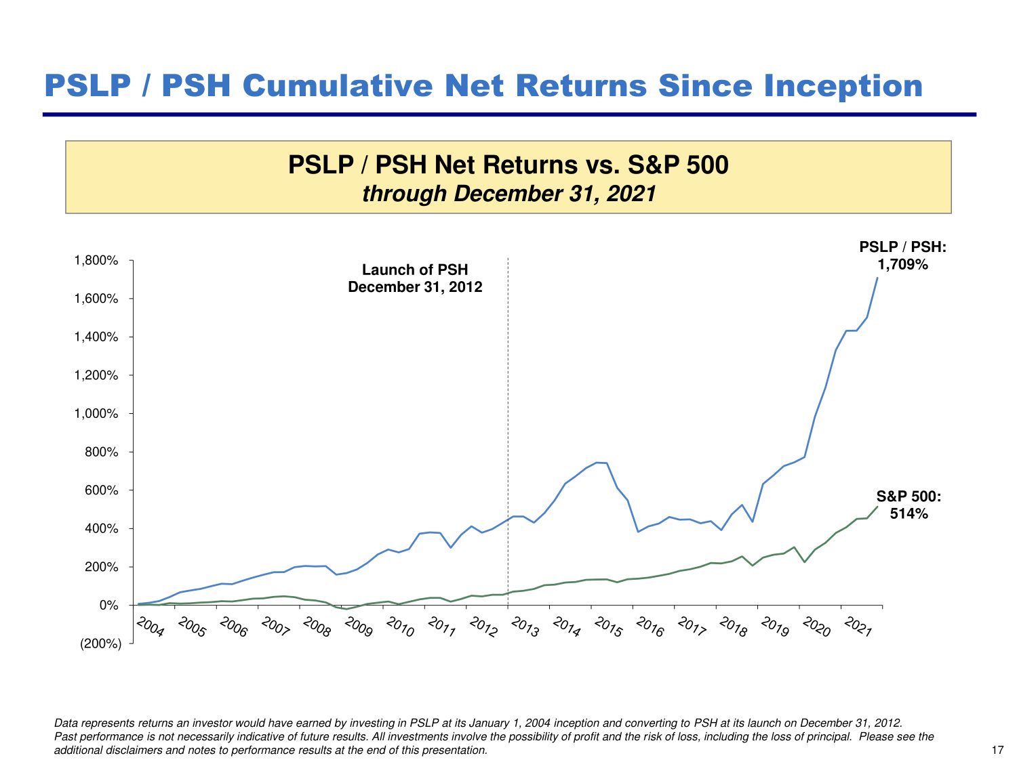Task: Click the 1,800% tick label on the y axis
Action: [96, 261]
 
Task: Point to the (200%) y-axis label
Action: [101, 643]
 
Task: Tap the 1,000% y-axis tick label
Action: [96, 414]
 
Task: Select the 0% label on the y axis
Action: [108, 606]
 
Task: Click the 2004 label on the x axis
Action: [151, 627]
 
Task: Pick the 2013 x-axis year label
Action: [525, 627]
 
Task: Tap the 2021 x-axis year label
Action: [858, 627]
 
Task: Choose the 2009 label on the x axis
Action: [359, 627]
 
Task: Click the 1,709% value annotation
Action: [902, 265]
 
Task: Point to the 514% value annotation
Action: [909, 514]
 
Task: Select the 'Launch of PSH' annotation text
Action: [415, 270]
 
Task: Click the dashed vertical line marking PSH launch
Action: [508, 406]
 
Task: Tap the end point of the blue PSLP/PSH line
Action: [877, 278]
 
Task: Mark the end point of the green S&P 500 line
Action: [877, 507]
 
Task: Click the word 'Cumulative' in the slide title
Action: [338, 86]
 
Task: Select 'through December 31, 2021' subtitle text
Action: [509, 194]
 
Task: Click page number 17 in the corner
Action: [997, 750]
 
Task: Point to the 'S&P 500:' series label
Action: [909, 496]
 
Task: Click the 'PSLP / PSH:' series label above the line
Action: [902, 247]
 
